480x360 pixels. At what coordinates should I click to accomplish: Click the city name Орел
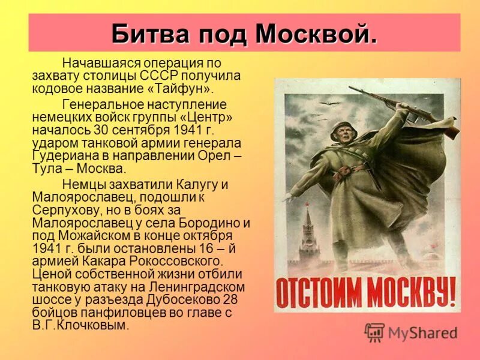pyautogui.click(x=216, y=155)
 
